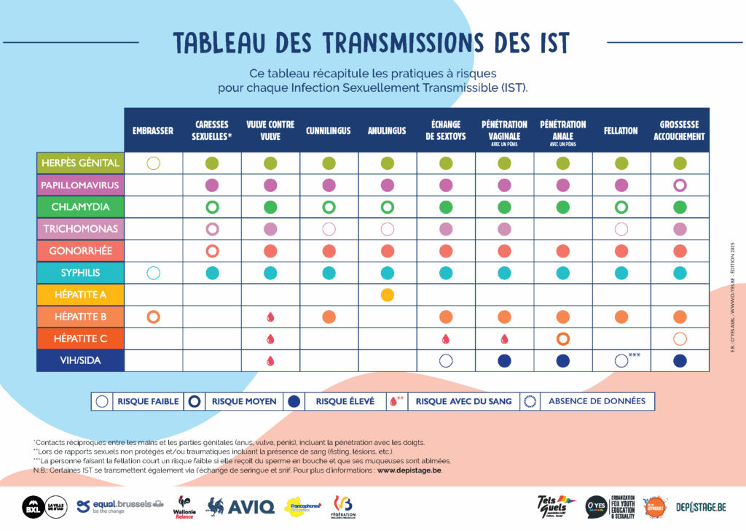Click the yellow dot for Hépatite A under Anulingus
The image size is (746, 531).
388,295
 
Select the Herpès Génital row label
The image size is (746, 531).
80,163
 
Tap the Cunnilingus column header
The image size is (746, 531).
329,131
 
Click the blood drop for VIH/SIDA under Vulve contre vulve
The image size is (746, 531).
270,360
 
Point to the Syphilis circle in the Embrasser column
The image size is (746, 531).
153,273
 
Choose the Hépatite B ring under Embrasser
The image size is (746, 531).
153,317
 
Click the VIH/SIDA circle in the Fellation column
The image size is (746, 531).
621,360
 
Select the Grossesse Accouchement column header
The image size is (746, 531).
679,131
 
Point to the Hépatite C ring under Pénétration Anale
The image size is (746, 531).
562,338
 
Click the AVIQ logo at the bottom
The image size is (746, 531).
241,505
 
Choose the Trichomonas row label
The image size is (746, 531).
80,228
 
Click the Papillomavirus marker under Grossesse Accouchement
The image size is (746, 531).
680,185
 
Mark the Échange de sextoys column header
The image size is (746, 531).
446,131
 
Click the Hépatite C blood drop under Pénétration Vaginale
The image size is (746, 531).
504,338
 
